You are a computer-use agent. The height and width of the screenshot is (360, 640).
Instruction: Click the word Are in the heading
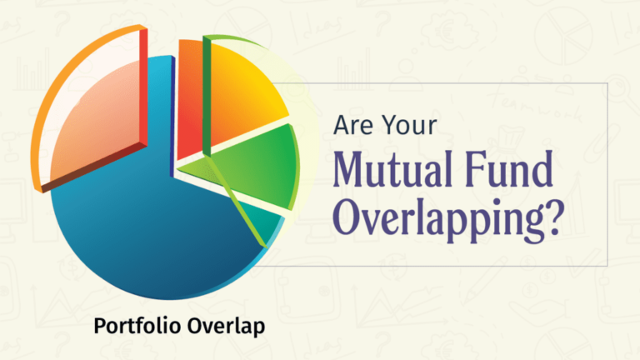(x=352, y=125)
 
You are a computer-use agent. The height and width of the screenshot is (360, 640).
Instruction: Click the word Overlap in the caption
(x=227, y=325)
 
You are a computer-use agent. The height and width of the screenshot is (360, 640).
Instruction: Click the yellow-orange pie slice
(x=242, y=96)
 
